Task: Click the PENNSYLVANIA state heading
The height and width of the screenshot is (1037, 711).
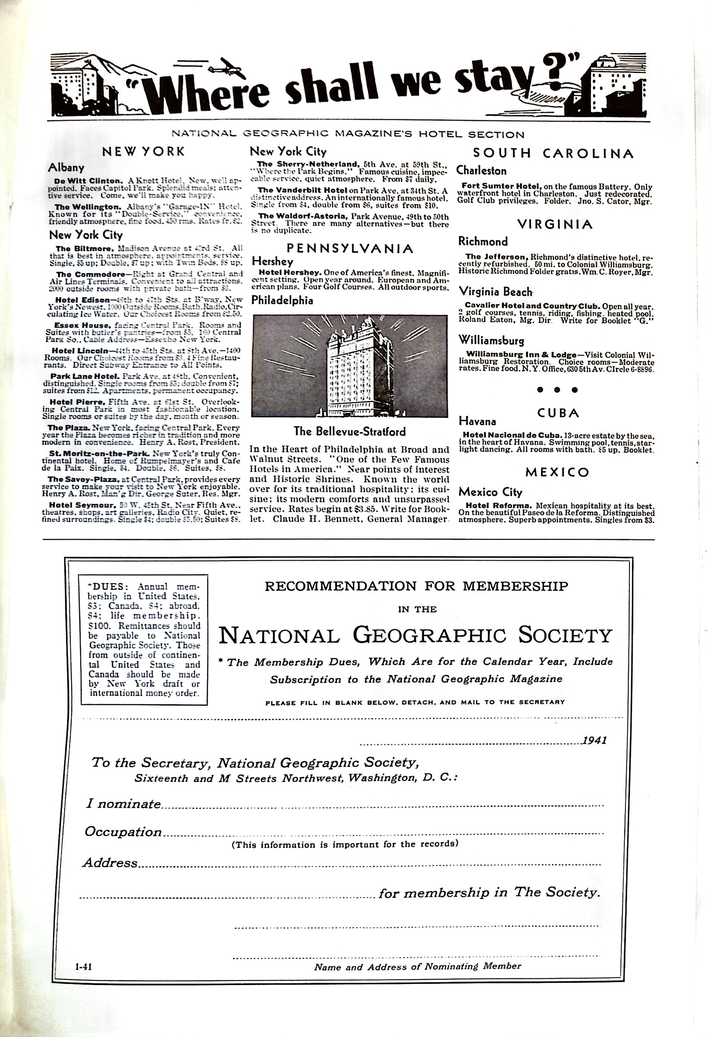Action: tap(349, 248)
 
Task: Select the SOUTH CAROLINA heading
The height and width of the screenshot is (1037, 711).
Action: tap(553, 154)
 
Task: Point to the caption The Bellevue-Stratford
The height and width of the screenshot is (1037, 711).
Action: tap(349, 432)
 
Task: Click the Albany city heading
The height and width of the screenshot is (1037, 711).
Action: tap(66, 168)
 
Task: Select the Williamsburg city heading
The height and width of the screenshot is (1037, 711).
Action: tap(491, 340)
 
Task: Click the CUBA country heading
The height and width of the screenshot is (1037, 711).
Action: tap(558, 413)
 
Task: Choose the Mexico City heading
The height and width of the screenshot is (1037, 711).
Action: tap(490, 492)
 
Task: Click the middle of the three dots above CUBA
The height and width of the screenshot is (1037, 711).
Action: tap(557, 389)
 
